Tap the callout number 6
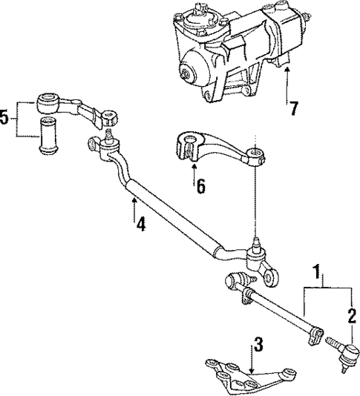point(199,188)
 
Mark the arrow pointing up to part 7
point(287,82)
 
